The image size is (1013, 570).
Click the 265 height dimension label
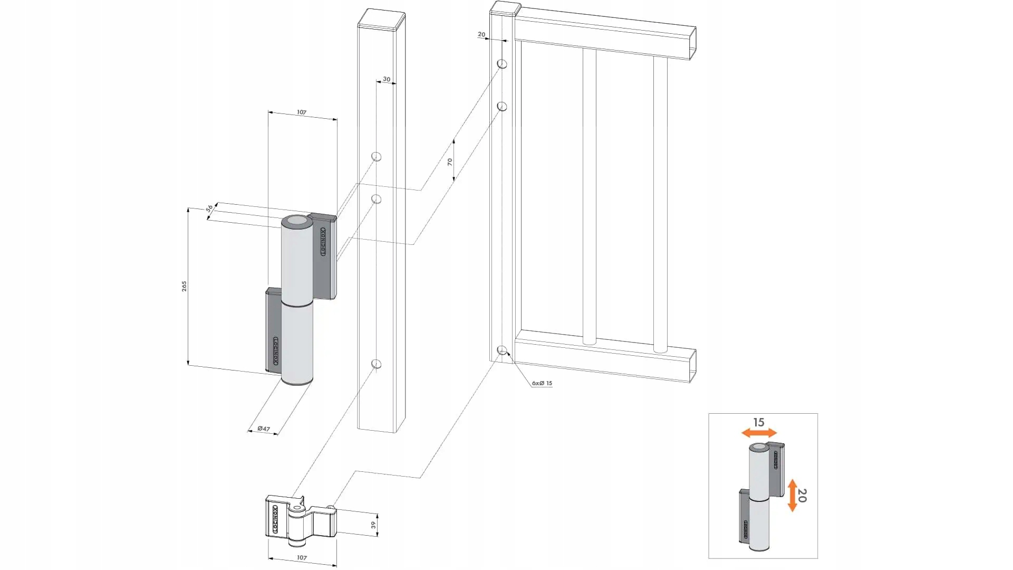[184, 286]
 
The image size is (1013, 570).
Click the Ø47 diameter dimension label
[264, 429]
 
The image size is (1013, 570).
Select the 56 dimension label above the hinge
[209, 208]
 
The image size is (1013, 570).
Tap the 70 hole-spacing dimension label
[450, 162]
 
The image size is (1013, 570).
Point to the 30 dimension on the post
[387, 79]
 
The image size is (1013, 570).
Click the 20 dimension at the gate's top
[481, 34]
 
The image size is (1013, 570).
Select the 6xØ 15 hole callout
[542, 383]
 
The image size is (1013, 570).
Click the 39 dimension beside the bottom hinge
[373, 525]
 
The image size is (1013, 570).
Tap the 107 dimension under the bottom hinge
[302, 557]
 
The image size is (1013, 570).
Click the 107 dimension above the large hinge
[301, 112]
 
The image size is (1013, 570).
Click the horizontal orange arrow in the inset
[759, 433]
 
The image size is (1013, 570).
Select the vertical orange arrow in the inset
[792, 495]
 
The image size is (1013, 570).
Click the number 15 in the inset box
[758, 422]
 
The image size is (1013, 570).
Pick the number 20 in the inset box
[802, 495]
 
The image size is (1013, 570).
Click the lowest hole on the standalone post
[376, 364]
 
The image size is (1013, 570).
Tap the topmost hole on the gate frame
[502, 64]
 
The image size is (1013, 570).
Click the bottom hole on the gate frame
[502, 350]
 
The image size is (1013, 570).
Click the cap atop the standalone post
[381, 20]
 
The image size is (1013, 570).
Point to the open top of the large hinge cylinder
[296, 222]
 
